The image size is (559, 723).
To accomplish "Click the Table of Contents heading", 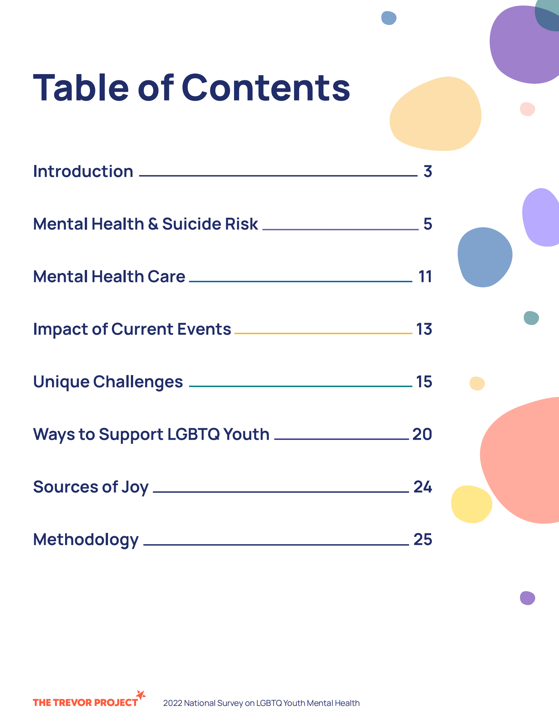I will click(x=191, y=87).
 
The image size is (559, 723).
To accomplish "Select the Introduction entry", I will click(x=83, y=171).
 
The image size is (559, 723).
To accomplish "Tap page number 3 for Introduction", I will click(x=427, y=171).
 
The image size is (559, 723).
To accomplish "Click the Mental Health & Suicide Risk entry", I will click(x=145, y=224).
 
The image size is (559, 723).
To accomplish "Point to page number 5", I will click(x=427, y=224).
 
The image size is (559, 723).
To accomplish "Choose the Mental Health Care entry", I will click(x=109, y=277).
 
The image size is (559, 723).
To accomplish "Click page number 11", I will click(x=425, y=277).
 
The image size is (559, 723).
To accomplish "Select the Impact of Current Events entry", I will click(x=132, y=329).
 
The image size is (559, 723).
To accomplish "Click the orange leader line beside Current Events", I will click(x=323, y=333).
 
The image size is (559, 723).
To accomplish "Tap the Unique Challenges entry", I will click(x=108, y=382).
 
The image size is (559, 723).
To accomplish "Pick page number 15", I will click(x=424, y=382).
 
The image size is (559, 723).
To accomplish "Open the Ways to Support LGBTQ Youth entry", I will click(x=151, y=434).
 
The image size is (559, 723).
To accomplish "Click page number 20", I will click(x=422, y=434).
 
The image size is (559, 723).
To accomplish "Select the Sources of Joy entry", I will click(x=91, y=487).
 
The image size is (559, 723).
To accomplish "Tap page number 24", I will click(x=423, y=487).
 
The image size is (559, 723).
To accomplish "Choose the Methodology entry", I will click(x=86, y=540).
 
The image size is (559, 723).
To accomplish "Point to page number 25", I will click(x=423, y=540).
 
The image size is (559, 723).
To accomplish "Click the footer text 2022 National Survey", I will click(x=261, y=703).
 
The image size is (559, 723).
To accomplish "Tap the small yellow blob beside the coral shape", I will click(x=471, y=504).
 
